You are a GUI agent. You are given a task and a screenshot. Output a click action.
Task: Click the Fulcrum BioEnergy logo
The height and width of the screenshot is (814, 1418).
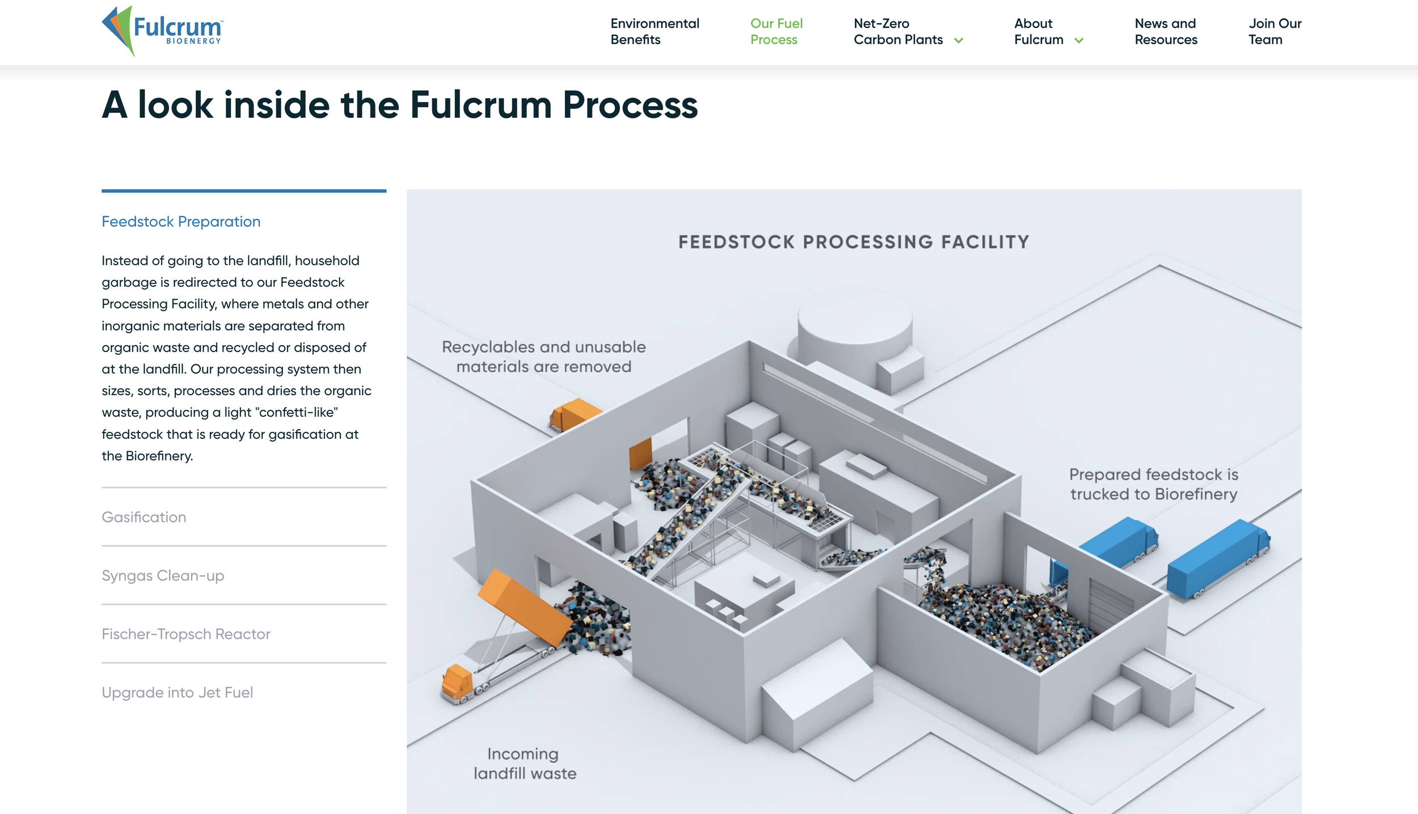pos(163,31)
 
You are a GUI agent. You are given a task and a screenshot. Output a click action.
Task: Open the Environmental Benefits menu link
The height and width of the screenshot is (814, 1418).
pos(655,31)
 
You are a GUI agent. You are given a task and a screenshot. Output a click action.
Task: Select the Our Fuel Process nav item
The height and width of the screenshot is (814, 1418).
pos(776,31)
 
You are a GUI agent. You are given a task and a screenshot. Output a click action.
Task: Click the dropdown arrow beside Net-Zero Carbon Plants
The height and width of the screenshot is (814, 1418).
pos(959,40)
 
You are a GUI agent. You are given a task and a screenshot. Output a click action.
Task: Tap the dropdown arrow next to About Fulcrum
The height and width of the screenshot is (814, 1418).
pos(1079,40)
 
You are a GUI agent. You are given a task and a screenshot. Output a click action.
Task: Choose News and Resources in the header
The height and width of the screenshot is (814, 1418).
pos(1166,31)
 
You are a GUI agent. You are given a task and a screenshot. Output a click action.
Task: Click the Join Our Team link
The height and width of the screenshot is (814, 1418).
pos(1274,31)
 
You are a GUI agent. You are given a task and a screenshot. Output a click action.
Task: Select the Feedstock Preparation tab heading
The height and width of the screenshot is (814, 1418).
pos(181,222)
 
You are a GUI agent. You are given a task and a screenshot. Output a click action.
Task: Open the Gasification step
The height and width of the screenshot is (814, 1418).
pos(144,517)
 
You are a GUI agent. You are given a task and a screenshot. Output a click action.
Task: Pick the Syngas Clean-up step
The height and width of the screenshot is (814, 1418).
pos(163,575)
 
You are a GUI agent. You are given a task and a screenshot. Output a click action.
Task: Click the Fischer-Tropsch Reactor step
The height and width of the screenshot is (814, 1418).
pos(186,634)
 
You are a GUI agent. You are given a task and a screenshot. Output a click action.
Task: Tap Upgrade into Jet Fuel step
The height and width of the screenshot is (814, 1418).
pos(177,692)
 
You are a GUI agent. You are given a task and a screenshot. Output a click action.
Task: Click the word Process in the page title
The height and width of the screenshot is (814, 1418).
pos(630,105)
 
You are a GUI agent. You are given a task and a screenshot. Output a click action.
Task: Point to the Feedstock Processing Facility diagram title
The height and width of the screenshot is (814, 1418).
pos(854,242)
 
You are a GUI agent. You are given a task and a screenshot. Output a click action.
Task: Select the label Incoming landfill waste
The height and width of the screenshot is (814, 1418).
pos(525,764)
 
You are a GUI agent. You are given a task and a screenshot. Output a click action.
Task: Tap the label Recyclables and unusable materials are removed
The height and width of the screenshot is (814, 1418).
pos(543,357)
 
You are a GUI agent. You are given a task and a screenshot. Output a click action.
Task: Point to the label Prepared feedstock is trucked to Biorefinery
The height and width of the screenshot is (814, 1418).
pos(1153,484)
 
